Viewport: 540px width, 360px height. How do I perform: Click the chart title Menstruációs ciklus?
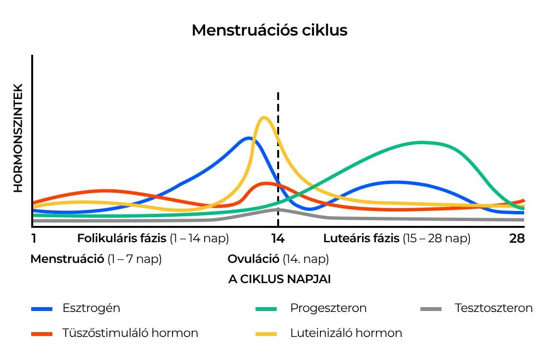(x=269, y=30)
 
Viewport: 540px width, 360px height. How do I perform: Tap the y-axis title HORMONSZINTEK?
(x=18, y=138)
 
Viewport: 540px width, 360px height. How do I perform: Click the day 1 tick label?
(x=34, y=238)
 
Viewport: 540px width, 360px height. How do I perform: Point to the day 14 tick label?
(x=278, y=238)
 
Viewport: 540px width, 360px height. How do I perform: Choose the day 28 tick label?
(x=517, y=238)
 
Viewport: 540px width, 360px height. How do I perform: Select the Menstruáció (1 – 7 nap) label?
(x=96, y=259)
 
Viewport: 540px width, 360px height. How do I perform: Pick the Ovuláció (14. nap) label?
(x=278, y=259)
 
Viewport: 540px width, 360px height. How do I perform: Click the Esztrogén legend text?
(x=91, y=308)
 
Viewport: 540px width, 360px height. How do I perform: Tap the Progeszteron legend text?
(x=328, y=308)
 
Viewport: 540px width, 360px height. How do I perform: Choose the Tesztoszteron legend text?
(x=493, y=308)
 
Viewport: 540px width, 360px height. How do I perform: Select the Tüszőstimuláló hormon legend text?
(x=130, y=333)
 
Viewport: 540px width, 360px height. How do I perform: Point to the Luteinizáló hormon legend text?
(x=346, y=333)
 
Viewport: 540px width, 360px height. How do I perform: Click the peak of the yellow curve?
(x=263, y=117)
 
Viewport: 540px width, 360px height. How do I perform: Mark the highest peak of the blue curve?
(x=248, y=138)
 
